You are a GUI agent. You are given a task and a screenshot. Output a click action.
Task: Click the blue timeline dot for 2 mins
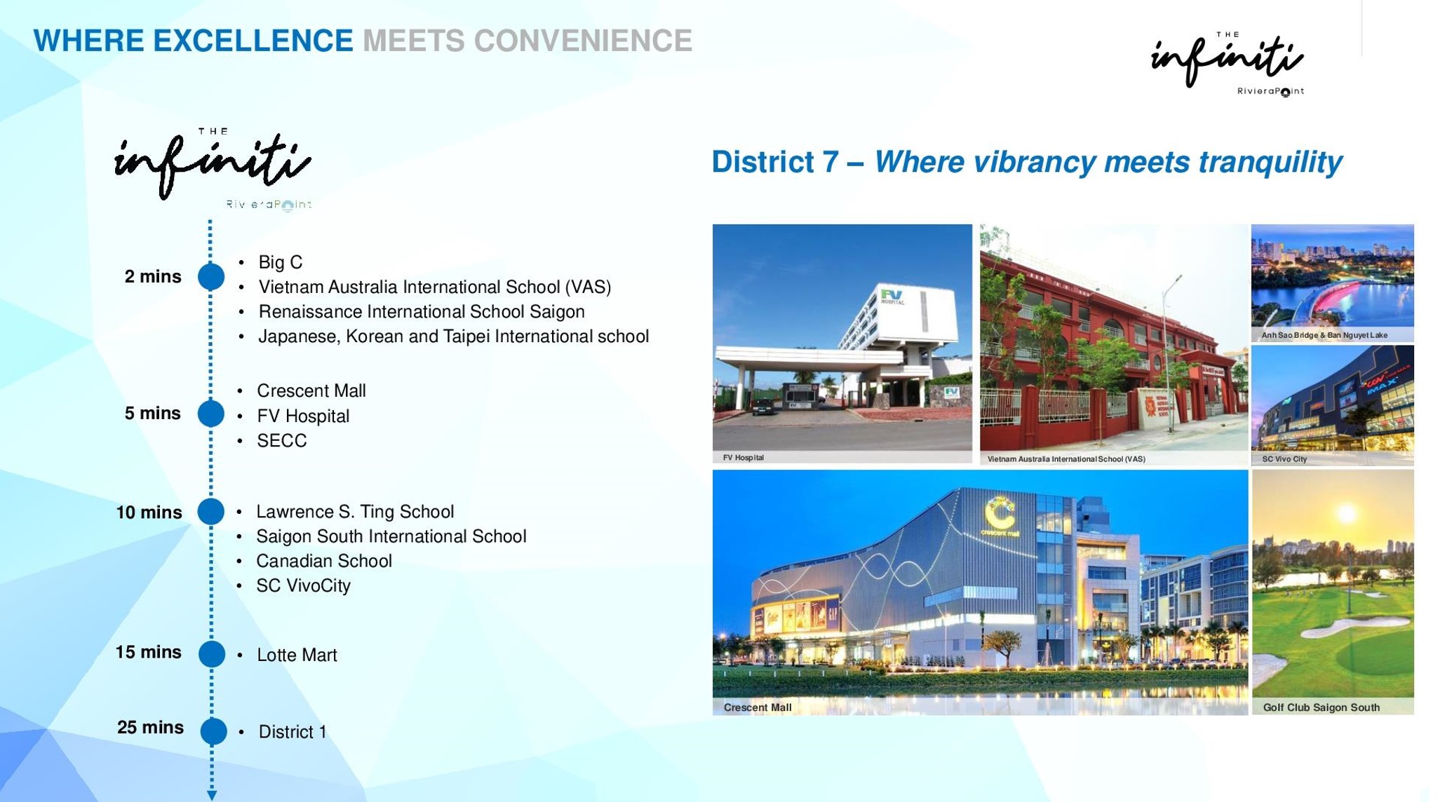point(211,276)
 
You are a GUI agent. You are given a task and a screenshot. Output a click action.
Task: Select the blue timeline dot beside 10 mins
point(211,512)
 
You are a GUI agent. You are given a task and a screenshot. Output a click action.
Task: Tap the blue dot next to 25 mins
point(213,731)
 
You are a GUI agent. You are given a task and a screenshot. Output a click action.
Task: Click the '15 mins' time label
point(148,652)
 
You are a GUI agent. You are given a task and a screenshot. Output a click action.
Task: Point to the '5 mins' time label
point(153,413)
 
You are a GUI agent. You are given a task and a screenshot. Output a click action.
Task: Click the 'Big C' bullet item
point(281,262)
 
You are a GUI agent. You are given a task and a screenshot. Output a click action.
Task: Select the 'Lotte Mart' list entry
point(297,655)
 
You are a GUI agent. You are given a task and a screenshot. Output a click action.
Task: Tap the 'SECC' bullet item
point(282,440)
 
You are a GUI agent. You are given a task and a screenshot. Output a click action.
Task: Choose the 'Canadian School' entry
point(324,561)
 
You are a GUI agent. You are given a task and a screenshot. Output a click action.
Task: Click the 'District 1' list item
point(293,732)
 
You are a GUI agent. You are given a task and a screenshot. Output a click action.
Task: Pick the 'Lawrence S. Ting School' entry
point(355,512)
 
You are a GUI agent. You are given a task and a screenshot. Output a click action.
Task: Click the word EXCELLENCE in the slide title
point(253,41)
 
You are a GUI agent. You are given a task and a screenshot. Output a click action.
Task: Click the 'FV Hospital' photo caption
point(744,458)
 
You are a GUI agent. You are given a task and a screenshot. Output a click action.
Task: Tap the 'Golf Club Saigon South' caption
point(1322,707)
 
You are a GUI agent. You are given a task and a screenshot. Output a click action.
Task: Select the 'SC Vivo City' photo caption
point(1284,459)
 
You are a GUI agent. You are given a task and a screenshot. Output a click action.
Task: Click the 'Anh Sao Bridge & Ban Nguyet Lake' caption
point(1324,335)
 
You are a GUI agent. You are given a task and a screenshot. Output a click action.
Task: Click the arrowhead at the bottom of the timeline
point(212,795)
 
